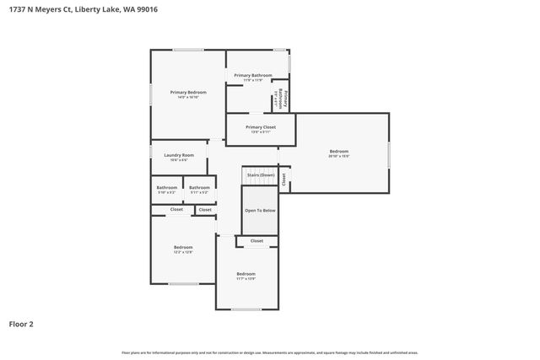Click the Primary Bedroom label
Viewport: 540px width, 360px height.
point(188,92)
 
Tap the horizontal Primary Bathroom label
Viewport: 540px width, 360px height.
point(253,76)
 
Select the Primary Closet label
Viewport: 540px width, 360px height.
point(261,127)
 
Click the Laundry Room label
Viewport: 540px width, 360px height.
point(179,155)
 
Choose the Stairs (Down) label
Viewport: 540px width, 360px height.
point(261,175)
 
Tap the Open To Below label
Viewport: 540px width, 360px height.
point(260,210)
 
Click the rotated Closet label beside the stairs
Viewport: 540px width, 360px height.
point(284,179)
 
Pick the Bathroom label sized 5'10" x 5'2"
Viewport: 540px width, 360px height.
point(167,187)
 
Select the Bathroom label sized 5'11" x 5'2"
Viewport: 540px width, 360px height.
point(199,187)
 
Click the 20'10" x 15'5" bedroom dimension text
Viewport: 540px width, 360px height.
point(338,156)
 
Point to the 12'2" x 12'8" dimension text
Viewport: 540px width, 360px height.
point(183,252)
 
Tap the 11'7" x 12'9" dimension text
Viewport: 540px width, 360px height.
point(246,278)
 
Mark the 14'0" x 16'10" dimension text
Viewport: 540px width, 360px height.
point(188,97)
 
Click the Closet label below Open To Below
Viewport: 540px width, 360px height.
point(256,241)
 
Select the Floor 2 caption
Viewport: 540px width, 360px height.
point(21,324)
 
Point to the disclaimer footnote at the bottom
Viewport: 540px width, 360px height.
point(269,352)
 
